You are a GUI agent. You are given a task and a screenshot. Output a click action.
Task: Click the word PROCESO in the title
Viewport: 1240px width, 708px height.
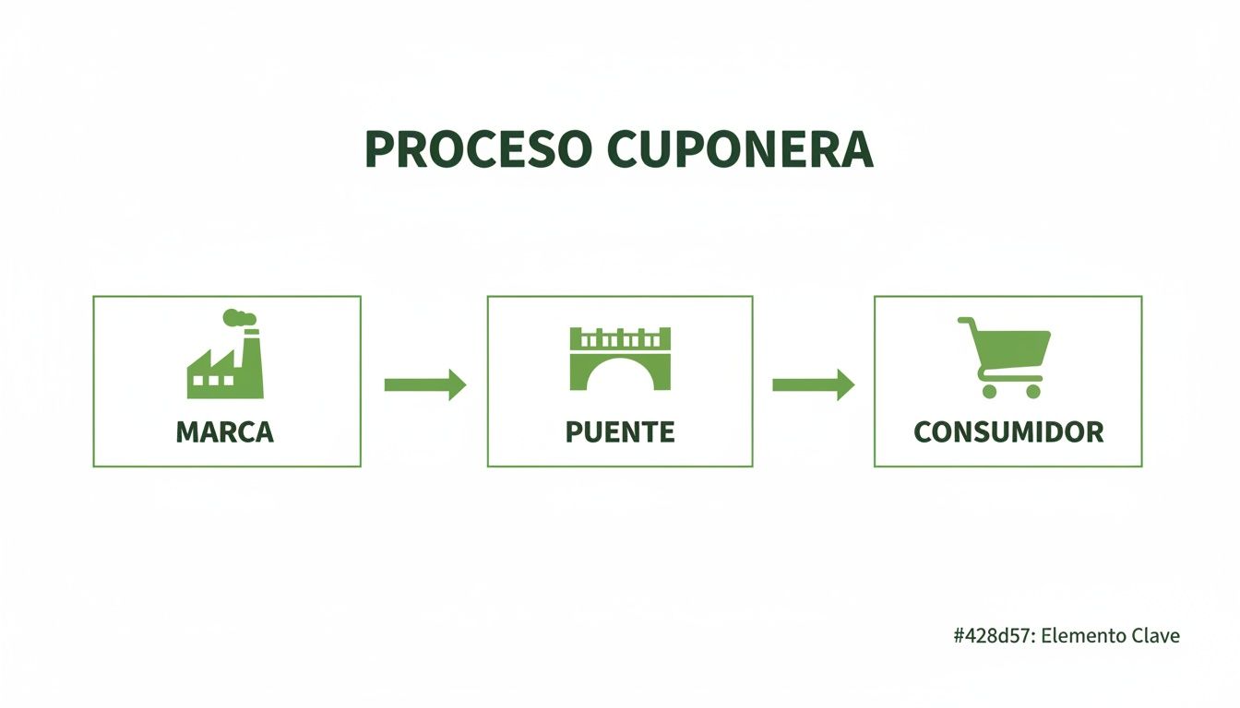pyautogui.click(x=477, y=149)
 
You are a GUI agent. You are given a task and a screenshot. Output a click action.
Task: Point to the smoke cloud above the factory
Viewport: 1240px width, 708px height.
pyautogui.click(x=238, y=317)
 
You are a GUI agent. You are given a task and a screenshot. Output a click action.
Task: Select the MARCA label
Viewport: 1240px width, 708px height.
pyautogui.click(x=224, y=431)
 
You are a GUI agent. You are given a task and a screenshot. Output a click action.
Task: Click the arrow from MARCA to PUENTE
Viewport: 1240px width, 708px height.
pyautogui.click(x=424, y=383)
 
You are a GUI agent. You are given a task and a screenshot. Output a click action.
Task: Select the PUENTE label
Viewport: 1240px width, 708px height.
pyautogui.click(x=620, y=431)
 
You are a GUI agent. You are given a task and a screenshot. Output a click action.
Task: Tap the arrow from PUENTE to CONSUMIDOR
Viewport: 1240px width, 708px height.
pyautogui.click(x=812, y=383)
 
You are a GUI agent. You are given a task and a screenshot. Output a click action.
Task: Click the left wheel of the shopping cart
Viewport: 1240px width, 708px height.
pyautogui.click(x=990, y=391)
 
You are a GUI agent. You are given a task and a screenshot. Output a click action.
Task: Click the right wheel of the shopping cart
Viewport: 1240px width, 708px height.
pyautogui.click(x=1032, y=391)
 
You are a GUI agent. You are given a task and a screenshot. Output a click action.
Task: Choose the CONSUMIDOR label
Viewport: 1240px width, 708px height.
pyautogui.click(x=1008, y=431)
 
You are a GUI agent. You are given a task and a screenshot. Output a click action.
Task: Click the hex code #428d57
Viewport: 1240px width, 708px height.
pyautogui.click(x=993, y=635)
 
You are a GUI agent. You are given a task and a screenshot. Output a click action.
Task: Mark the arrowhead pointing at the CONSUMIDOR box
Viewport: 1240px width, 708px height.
pyautogui.click(x=844, y=383)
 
